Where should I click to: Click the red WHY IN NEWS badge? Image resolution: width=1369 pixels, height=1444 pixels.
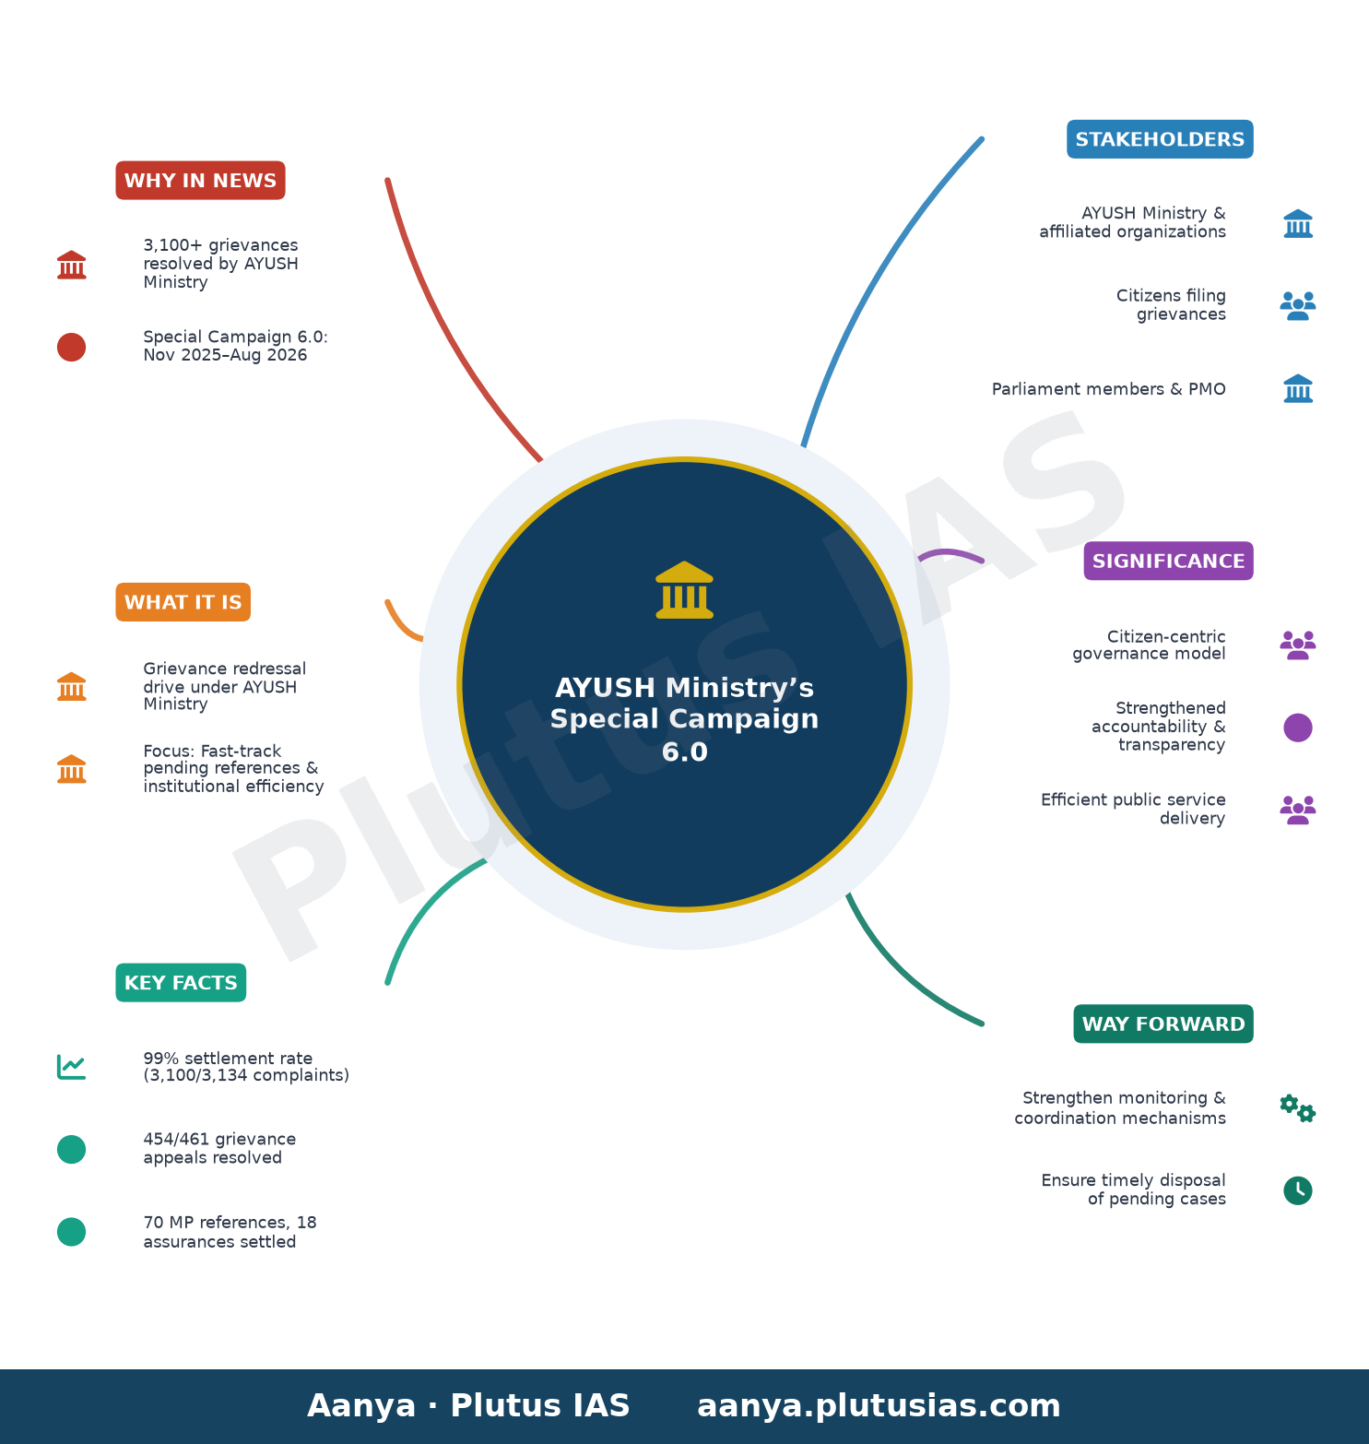(x=200, y=181)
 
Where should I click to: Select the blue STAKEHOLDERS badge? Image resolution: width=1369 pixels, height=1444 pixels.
(x=1160, y=139)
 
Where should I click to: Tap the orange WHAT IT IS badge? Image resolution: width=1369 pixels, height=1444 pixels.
(x=183, y=602)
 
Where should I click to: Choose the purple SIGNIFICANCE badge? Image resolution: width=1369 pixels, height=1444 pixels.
(x=1168, y=561)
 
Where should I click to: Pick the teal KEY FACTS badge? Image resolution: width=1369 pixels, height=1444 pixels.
(x=181, y=983)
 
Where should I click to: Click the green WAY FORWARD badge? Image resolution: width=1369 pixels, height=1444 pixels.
(x=1163, y=1024)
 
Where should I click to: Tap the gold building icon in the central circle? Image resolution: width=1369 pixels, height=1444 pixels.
(x=684, y=590)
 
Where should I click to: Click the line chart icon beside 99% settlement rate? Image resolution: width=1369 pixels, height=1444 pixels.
(x=71, y=1067)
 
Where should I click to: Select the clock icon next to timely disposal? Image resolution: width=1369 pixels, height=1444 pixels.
(x=1298, y=1190)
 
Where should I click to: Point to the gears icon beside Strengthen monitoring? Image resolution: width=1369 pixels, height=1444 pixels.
(x=1298, y=1107)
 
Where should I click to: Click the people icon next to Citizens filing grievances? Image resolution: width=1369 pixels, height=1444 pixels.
(x=1298, y=305)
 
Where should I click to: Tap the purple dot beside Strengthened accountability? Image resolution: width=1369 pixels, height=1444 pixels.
(x=1298, y=728)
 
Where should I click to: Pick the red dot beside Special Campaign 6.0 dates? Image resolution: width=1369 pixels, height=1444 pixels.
(x=71, y=347)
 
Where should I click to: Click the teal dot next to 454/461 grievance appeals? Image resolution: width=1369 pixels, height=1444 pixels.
(x=71, y=1149)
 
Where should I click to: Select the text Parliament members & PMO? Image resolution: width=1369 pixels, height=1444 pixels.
(x=1109, y=389)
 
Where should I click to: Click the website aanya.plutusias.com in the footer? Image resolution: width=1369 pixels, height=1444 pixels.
(x=879, y=1406)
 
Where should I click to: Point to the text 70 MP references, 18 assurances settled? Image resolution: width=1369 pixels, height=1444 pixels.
(x=230, y=1232)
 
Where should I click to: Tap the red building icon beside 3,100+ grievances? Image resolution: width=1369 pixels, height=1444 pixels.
(x=71, y=265)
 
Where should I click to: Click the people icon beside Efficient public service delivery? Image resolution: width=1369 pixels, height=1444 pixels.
(x=1298, y=810)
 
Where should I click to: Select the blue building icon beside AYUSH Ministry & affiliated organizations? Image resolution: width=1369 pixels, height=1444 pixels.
(x=1298, y=223)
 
